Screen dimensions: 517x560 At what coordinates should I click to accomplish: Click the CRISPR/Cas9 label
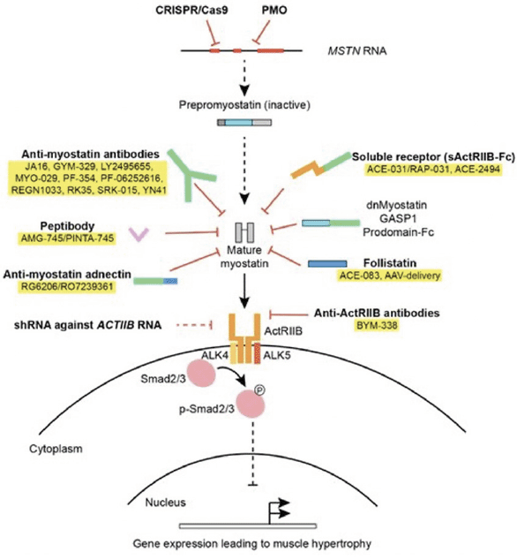coord(191,10)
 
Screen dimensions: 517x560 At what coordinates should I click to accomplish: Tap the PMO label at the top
coord(274,10)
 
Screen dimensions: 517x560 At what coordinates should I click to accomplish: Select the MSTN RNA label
coord(356,50)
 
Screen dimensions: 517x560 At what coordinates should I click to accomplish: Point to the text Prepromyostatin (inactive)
coord(244,105)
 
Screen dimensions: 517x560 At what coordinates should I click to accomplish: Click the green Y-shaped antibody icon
coord(190,174)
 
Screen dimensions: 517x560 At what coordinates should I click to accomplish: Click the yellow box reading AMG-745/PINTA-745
coord(67,238)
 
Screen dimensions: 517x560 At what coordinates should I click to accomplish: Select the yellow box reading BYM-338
coord(377,325)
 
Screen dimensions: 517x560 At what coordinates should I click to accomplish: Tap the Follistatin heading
coord(390,263)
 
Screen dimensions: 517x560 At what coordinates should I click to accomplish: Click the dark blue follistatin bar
coord(327,264)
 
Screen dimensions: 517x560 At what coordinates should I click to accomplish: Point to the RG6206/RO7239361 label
coord(67,286)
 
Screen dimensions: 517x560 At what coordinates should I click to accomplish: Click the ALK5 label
coord(276,355)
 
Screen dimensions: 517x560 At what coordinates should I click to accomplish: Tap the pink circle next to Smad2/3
coord(202,374)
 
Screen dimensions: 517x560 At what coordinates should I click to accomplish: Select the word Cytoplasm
coord(56,449)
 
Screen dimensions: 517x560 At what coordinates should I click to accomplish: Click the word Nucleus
coord(165,503)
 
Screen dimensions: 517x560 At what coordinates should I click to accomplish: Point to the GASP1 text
coord(398,218)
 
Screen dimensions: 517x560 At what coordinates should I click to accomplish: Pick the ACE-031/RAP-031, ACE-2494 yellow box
coord(433,170)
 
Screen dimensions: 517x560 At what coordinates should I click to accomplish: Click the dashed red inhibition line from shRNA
coord(194,325)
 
